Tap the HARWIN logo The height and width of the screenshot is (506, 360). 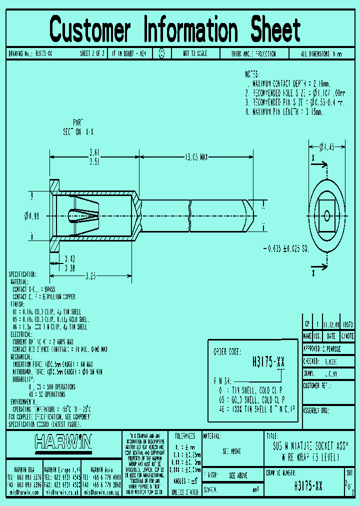point(63,441)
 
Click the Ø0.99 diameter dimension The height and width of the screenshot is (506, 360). point(31,215)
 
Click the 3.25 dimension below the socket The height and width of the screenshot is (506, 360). point(90,275)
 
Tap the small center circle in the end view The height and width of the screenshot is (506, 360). point(326,215)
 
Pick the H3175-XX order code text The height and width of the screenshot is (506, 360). point(269,363)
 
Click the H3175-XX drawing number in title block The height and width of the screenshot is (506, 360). point(308,485)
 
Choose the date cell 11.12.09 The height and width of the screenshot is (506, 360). point(330,324)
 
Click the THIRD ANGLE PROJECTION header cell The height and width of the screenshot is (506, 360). point(253,53)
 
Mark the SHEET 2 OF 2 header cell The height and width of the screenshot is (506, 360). point(92,53)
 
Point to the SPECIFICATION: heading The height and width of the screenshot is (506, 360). point(22,274)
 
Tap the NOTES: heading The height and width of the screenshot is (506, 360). point(252,73)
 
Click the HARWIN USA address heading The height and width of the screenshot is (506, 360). point(24,469)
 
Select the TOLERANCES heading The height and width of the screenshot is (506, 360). point(184,436)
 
